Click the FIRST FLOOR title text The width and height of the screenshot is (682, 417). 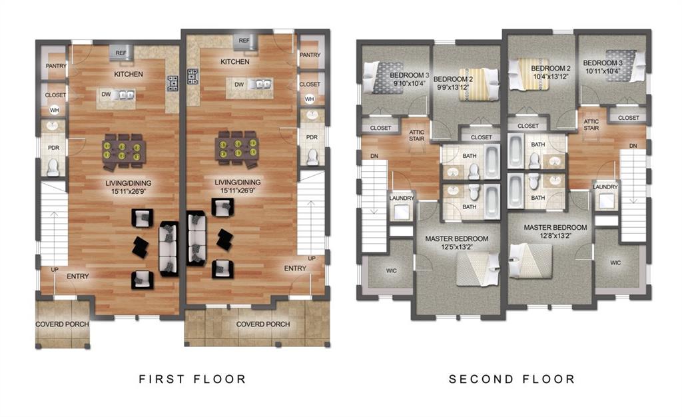point(192,379)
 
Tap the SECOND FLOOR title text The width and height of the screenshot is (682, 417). point(511,379)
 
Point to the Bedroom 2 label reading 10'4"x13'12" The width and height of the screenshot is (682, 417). point(550,73)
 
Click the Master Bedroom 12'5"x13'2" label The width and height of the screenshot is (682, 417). point(457,243)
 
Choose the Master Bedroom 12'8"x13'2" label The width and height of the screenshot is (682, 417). point(555,231)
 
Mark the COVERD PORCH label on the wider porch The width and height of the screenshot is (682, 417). point(262,324)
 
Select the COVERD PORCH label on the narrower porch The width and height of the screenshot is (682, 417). point(62,324)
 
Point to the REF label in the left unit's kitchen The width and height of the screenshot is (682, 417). point(121,53)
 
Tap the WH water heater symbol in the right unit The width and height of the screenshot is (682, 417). point(309,99)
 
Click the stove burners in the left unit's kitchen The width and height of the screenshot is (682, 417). point(172,83)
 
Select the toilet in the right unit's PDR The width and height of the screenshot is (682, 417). point(312,157)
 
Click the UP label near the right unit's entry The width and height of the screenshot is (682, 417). point(311,258)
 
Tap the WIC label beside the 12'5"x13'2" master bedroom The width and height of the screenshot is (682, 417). point(392,271)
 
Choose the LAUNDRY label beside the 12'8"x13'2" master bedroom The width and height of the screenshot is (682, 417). point(605,187)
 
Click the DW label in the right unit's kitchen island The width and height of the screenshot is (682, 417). point(238,84)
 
